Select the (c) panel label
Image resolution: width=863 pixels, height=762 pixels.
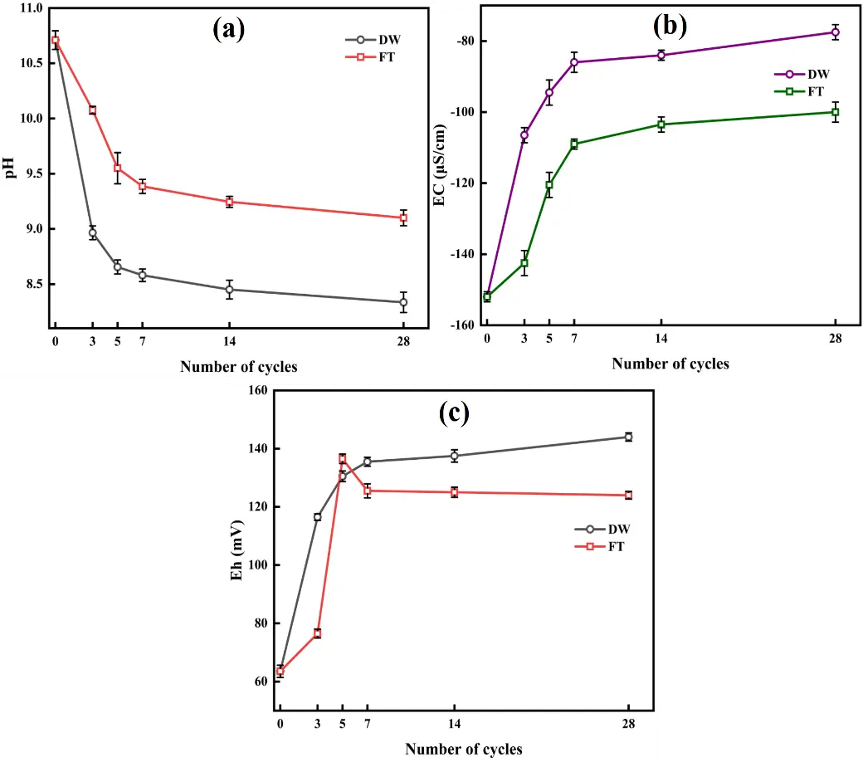[x=454, y=413]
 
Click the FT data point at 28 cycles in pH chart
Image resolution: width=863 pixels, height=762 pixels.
[x=403, y=217]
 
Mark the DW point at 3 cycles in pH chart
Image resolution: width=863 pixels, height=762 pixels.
[x=93, y=234]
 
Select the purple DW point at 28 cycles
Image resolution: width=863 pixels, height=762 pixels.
[x=835, y=32]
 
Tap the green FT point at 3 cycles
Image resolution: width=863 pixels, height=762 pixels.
[x=524, y=263]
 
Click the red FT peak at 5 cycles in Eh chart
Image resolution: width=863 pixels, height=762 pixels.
[x=343, y=458]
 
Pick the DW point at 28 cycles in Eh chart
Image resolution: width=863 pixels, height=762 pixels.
[x=628, y=437]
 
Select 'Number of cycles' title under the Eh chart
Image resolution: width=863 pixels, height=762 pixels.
[x=464, y=750]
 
